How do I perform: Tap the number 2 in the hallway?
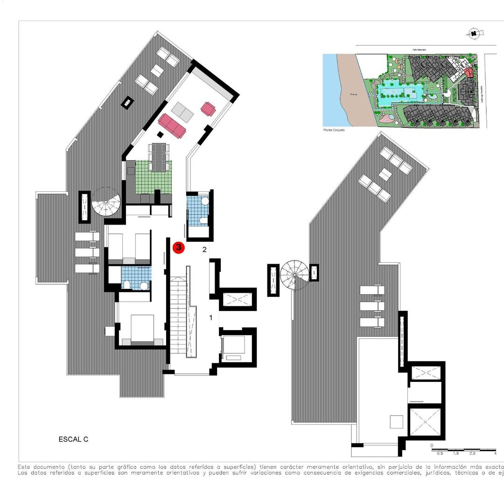204,249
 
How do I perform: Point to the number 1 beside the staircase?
211,317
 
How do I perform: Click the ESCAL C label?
73,439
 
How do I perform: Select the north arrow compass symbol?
474,33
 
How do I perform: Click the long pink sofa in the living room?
172,125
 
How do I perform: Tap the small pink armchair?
208,109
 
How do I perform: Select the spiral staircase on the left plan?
106,203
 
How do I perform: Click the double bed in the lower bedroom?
142,328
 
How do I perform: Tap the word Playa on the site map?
354,95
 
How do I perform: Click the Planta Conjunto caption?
334,130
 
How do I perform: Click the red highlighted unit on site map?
468,72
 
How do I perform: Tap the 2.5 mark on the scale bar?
472,453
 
